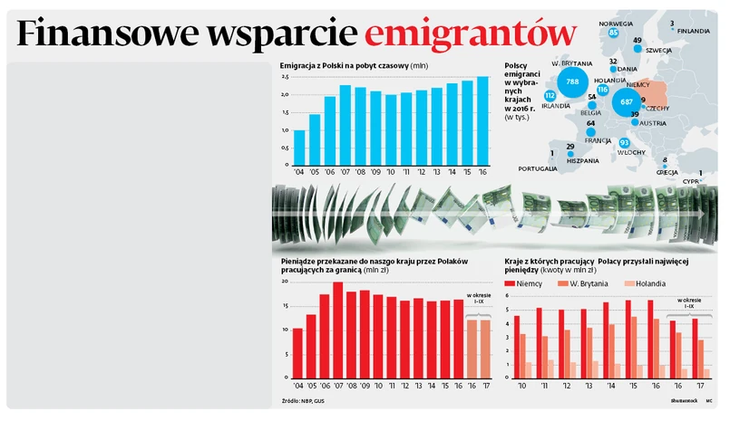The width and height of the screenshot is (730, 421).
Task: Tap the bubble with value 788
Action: pyautogui.click(x=572, y=82)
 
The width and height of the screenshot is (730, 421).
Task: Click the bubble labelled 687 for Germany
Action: pyautogui.click(x=626, y=102)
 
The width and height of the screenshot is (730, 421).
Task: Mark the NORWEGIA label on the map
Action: pyautogui.click(x=617, y=24)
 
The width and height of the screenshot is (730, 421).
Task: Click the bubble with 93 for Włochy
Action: pyautogui.click(x=624, y=143)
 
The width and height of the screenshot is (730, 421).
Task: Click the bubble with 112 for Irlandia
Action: pyautogui.click(x=550, y=96)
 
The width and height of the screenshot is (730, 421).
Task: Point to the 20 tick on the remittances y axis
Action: pyautogui.click(x=285, y=282)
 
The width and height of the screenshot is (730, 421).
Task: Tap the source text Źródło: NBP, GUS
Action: pyautogui.click(x=305, y=400)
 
